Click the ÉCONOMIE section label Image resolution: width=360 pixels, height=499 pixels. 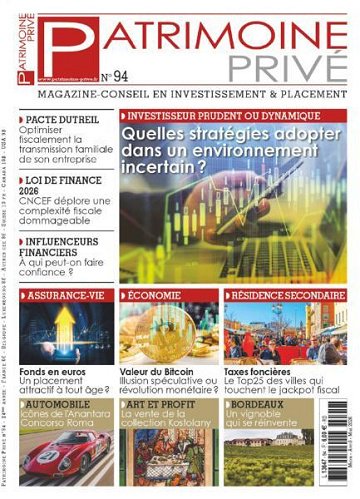coord(156,297)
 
